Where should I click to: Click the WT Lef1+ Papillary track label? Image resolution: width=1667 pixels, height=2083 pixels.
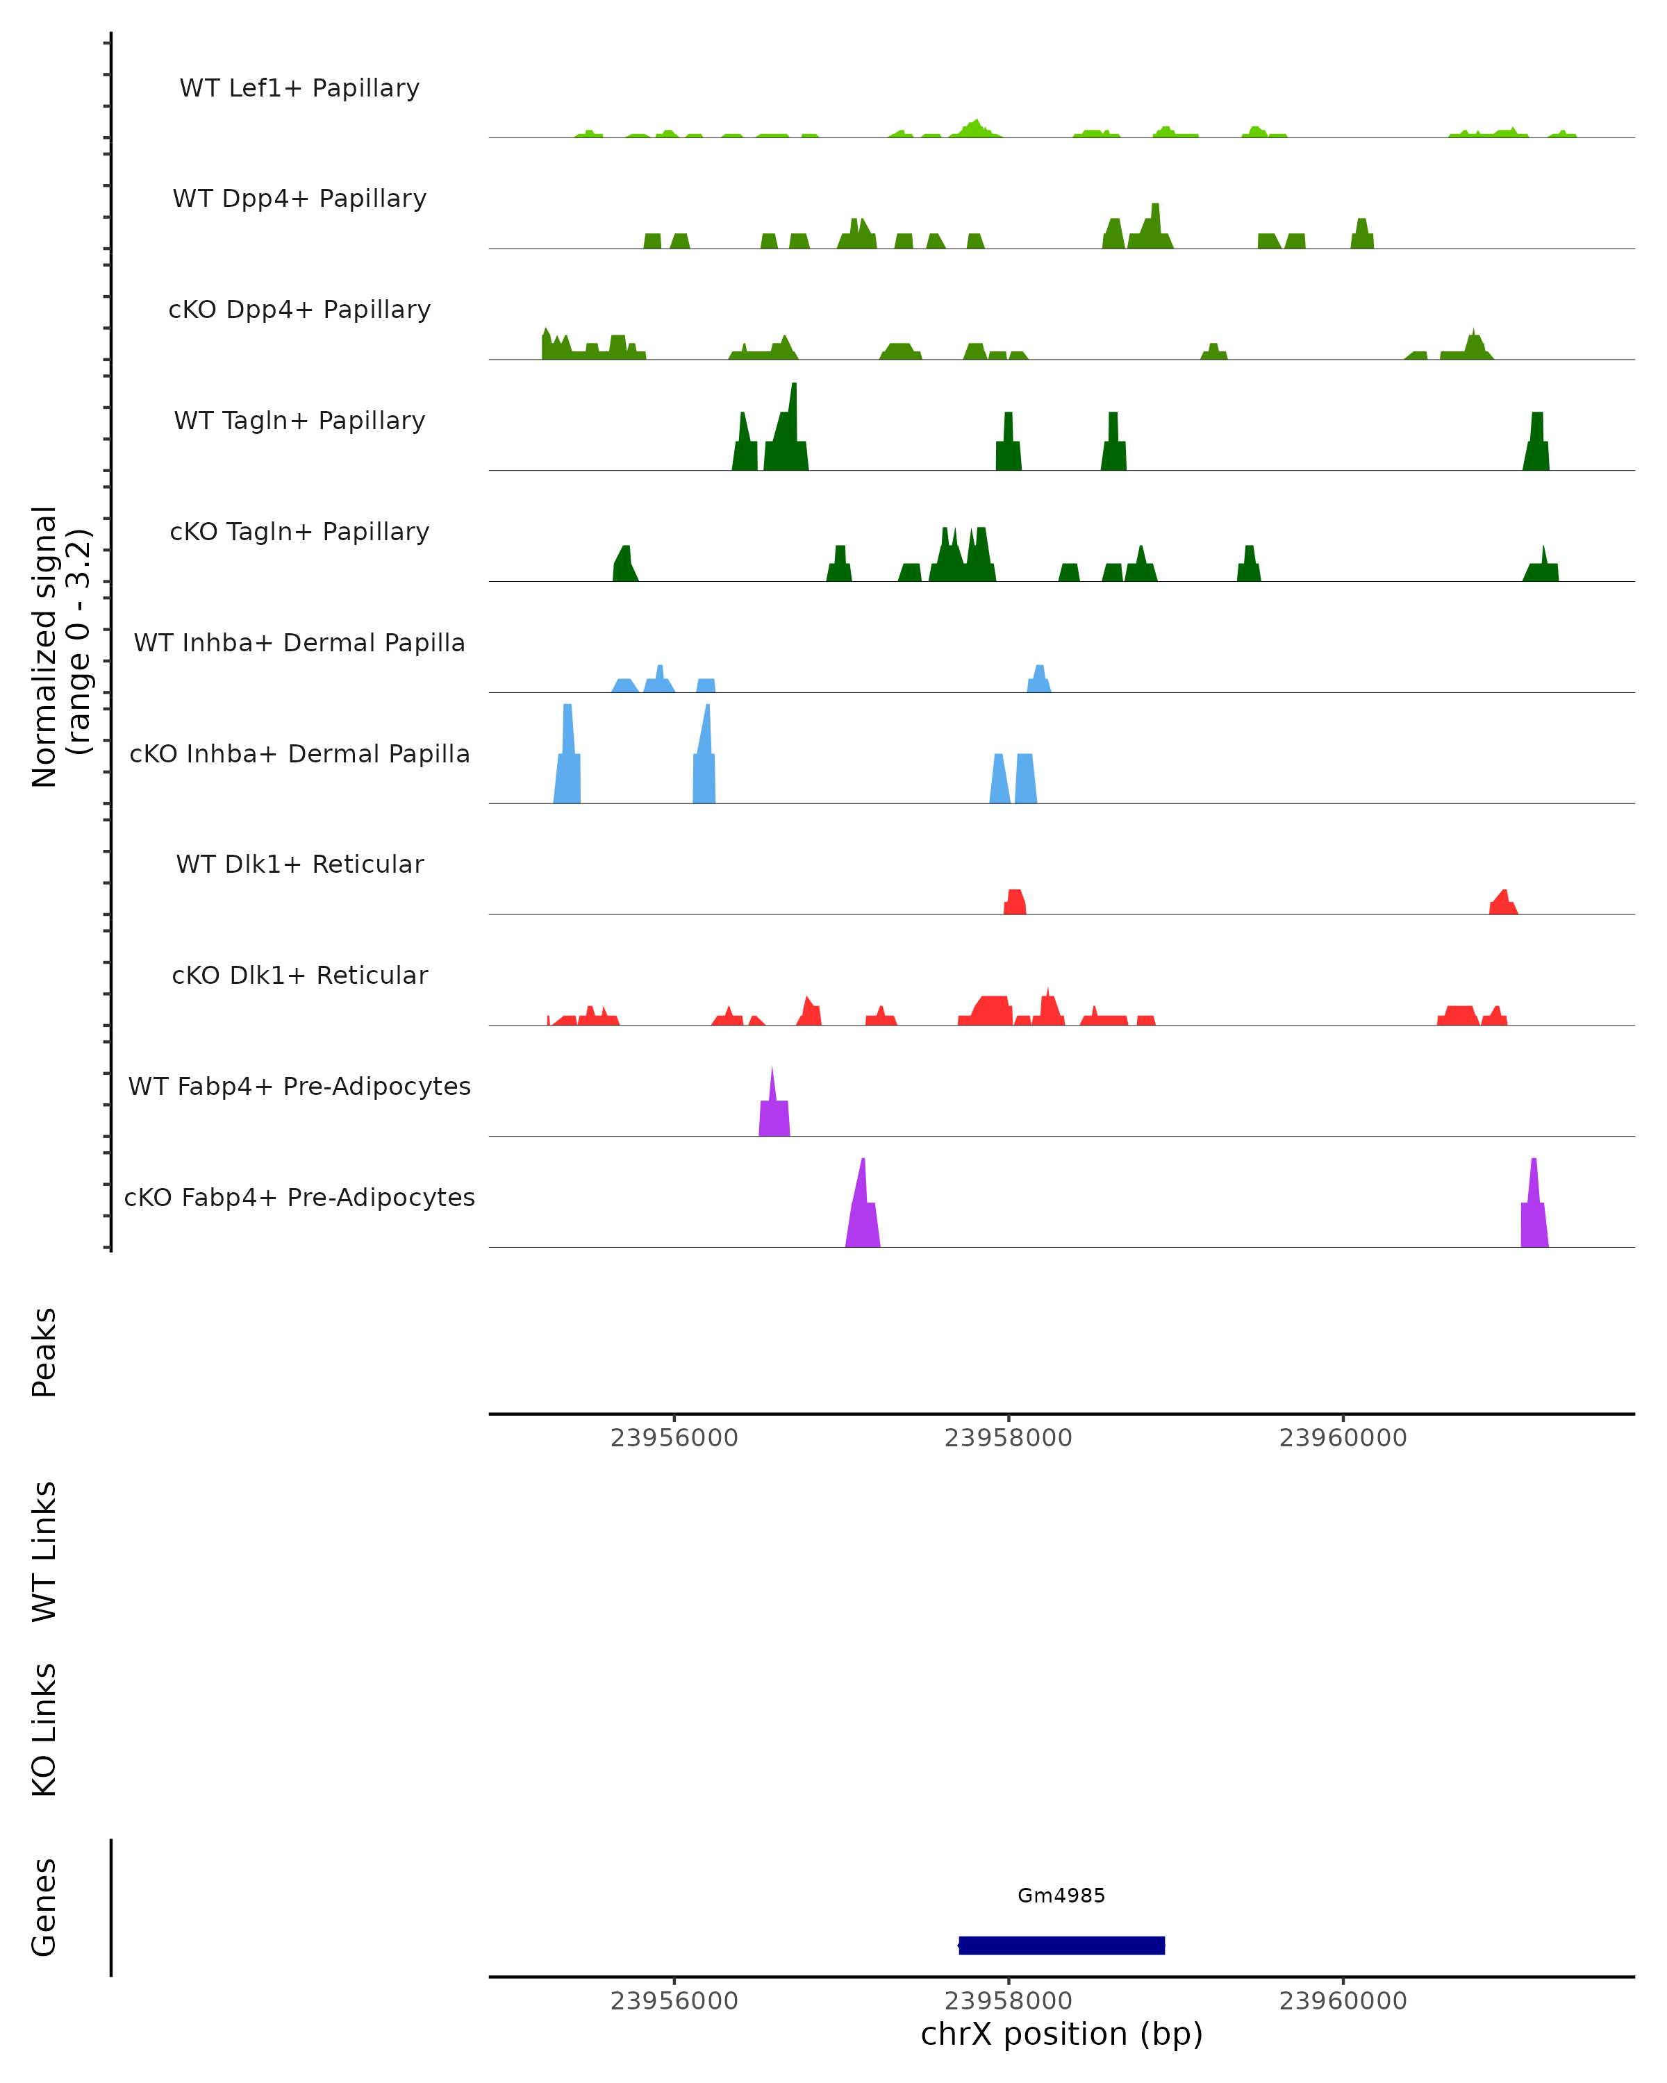pos(299,88)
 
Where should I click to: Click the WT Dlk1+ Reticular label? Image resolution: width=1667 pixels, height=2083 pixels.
pos(299,864)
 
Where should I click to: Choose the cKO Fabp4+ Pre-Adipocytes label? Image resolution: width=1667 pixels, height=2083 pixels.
pos(299,1197)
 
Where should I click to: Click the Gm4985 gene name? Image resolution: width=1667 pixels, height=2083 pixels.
pos(1061,1895)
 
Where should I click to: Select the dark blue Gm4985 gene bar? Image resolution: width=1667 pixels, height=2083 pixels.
pos(1061,1945)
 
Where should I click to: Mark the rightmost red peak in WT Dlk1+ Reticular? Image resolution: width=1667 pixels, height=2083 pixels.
pos(1502,904)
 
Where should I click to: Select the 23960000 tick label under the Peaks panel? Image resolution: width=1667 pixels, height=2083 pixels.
pos(1343,1438)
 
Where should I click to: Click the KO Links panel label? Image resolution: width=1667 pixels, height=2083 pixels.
pos(44,1730)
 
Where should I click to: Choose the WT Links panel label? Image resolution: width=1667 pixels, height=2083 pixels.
pos(44,1550)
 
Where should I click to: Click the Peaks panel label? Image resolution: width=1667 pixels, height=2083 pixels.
pos(44,1352)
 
